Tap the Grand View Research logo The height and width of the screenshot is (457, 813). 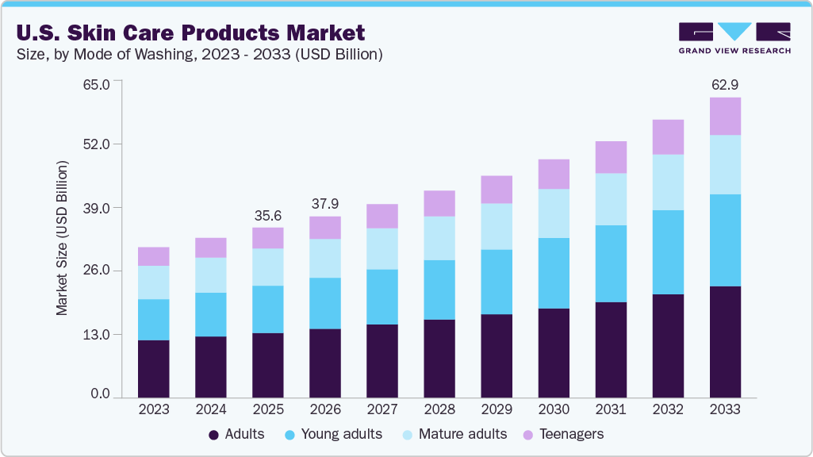click(x=734, y=38)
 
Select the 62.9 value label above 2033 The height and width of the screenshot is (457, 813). click(x=724, y=84)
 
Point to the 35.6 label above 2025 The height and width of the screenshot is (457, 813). click(x=267, y=215)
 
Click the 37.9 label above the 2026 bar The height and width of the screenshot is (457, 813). click(x=324, y=204)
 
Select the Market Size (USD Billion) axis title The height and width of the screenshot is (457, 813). click(x=62, y=238)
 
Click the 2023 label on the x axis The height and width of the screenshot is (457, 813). click(x=153, y=410)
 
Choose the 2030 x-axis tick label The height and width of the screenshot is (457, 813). click(x=553, y=410)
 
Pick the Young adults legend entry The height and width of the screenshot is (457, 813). click(x=336, y=434)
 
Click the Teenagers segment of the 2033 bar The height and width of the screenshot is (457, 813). click(x=725, y=116)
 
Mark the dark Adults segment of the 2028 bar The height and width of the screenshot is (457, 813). click(x=439, y=358)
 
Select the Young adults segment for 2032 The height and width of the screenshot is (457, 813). click(x=668, y=252)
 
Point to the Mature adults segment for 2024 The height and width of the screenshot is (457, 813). click(x=210, y=275)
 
